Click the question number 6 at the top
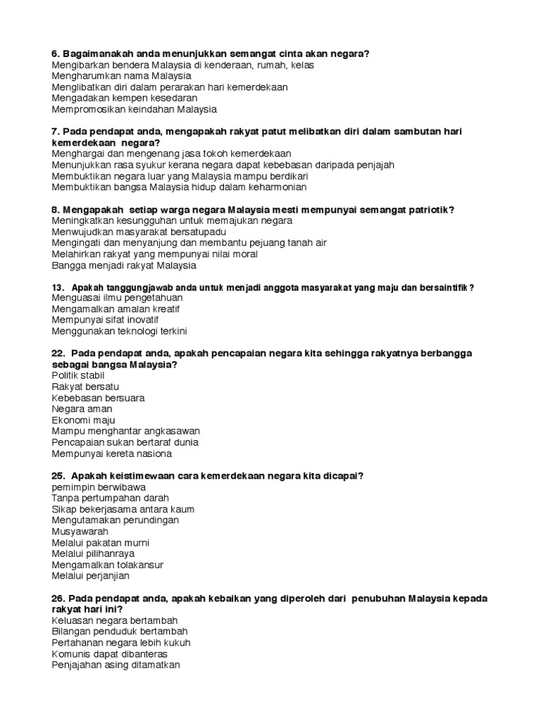[56, 54]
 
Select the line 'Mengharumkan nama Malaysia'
[121, 76]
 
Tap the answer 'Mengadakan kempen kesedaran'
[124, 99]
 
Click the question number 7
[56, 132]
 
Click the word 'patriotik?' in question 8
[430, 210]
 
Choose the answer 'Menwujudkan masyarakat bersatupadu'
[139, 232]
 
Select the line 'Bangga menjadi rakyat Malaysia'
[124, 266]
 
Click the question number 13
[58, 287]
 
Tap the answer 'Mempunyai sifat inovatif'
[105, 320]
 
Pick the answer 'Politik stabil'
[78, 375]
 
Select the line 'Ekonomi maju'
[83, 420]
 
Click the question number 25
[58, 476]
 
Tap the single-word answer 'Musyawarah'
[80, 532]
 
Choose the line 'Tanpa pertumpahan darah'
[110, 498]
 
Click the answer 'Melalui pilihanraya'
[93, 554]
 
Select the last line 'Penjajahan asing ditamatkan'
[116, 665]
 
